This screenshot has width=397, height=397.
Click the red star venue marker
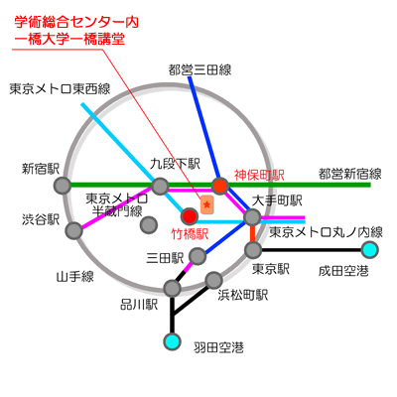pyautogui.click(x=207, y=204)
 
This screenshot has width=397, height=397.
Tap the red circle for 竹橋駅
pyautogui.click(x=190, y=216)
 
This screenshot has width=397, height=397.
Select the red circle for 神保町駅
pyautogui.click(x=220, y=186)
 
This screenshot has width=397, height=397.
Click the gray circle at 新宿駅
pyautogui.click(x=63, y=185)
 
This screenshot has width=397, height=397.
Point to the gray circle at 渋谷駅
pyautogui.click(x=74, y=230)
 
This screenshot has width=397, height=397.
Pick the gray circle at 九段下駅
pyautogui.click(x=160, y=186)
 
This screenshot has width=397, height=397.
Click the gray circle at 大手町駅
pyautogui.click(x=252, y=217)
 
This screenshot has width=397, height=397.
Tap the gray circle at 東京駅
pyautogui.click(x=253, y=250)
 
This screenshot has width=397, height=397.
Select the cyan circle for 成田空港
pyautogui.click(x=369, y=250)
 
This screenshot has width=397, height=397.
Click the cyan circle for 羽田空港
pyautogui.click(x=173, y=341)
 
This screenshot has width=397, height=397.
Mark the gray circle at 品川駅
pyautogui.click(x=172, y=288)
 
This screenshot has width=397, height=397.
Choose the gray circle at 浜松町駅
pyautogui.click(x=213, y=280)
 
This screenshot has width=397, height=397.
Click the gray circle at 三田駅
pyautogui.click(x=198, y=256)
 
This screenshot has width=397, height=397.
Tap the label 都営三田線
pyautogui.click(x=199, y=69)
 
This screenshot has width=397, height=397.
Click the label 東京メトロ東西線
pyautogui.click(x=60, y=89)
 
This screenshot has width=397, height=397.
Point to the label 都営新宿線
pyautogui.click(x=350, y=174)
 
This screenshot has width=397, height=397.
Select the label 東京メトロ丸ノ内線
pyautogui.click(x=326, y=232)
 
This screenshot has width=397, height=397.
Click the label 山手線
pyautogui.click(x=75, y=276)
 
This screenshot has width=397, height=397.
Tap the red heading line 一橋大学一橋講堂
pyautogui.click(x=69, y=39)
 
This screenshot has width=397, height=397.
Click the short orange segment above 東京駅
pyautogui.click(x=253, y=233)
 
